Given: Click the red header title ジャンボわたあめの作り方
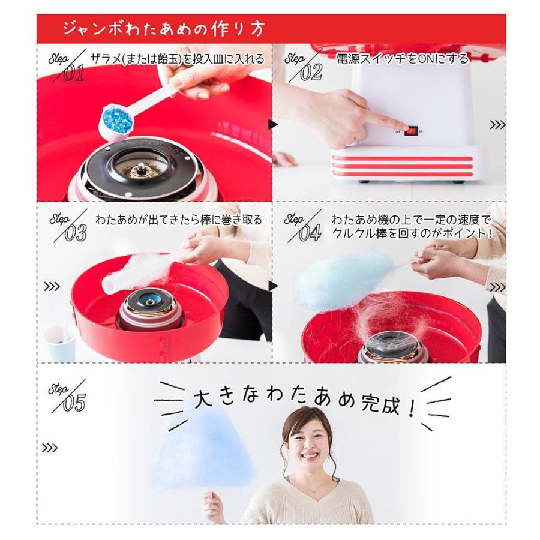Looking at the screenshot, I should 163,29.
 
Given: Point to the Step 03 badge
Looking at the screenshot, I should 67,226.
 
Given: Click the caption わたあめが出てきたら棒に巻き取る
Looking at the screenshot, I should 178,220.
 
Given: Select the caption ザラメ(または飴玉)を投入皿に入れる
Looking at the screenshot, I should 178,59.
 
